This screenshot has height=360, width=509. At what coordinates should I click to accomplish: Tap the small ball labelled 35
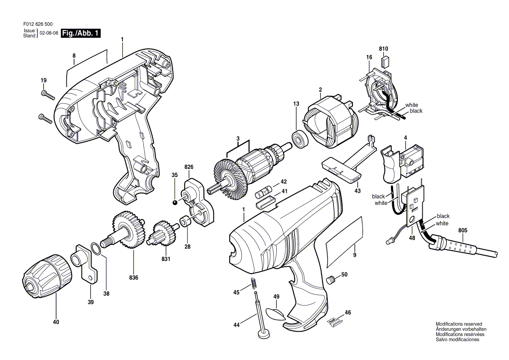pyautogui.click(x=175, y=202)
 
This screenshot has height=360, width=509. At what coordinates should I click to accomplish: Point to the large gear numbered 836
pyautogui.click(x=129, y=230)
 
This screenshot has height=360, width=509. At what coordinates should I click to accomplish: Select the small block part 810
pyautogui.click(x=384, y=61)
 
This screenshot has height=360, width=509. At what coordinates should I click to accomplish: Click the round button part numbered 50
pyautogui.click(x=331, y=279)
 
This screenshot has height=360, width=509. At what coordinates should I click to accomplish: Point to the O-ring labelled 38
pyautogui.click(x=97, y=249)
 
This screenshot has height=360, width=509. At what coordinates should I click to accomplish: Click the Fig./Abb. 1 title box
pyautogui.click(x=81, y=33)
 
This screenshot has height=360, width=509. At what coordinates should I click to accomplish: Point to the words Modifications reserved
pyautogui.click(x=459, y=324)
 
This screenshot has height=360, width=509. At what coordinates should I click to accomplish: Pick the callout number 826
pyautogui.click(x=189, y=167)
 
